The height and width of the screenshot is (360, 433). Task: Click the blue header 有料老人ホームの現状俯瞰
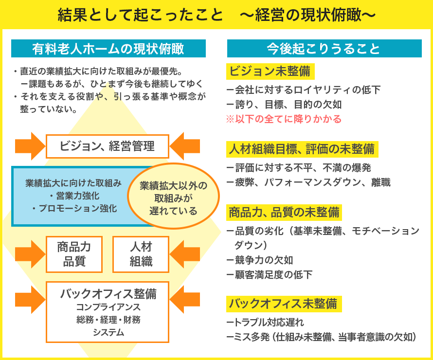click(108, 49)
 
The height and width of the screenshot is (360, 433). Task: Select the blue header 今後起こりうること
click(324, 49)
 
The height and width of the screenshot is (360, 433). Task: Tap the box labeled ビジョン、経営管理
click(108, 146)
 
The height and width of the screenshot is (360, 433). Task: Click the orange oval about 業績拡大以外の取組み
click(173, 196)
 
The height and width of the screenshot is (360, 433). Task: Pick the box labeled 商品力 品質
click(74, 254)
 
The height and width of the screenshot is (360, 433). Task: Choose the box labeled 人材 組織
click(141, 254)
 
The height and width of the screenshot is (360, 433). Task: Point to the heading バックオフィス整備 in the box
click(108, 294)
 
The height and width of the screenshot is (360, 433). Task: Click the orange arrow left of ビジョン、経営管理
click(30, 146)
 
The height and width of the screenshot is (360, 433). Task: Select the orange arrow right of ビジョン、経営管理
click(185, 146)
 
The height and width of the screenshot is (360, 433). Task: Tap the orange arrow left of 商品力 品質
click(30, 254)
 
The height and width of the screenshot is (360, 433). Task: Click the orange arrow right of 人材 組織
click(185, 254)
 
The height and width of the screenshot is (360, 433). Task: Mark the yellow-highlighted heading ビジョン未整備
click(270, 71)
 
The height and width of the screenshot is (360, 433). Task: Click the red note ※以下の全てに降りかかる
click(284, 119)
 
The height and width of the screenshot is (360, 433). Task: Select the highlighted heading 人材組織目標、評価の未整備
click(302, 149)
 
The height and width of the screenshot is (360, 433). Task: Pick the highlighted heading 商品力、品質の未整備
click(284, 213)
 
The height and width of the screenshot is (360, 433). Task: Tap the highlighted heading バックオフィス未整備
click(284, 304)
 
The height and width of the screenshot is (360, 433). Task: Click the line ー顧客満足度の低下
click(270, 275)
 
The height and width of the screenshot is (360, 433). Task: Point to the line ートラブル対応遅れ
click(265, 322)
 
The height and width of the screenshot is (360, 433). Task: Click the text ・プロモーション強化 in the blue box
click(74, 208)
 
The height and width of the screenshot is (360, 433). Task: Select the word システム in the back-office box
click(108, 332)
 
